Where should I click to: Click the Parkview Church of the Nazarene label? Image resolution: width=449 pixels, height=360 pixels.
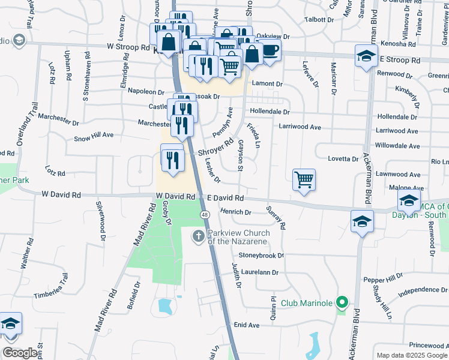(237, 237)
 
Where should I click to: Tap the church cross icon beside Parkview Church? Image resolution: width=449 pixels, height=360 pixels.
(199, 236)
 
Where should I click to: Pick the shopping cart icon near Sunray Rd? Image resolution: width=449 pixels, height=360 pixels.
(304, 179)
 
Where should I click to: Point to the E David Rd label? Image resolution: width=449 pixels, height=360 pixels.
(225, 197)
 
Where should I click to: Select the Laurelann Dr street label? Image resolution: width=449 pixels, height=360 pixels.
(259, 272)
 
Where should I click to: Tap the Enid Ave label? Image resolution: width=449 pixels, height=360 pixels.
(246, 325)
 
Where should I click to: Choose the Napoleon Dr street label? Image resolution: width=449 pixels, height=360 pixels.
(143, 92)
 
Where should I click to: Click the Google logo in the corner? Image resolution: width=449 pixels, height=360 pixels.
(20, 353)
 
